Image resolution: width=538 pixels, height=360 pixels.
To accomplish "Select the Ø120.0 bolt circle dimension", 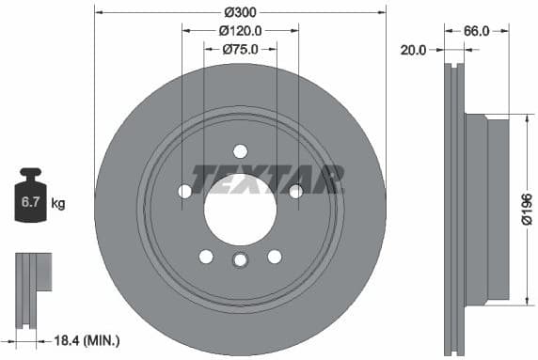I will coord(241,30).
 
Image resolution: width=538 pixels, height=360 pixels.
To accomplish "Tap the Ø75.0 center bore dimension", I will coord(241,50).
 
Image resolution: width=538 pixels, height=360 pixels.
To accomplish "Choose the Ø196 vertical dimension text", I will coord(527,209).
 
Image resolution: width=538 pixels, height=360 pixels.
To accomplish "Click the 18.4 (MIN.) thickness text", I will coord(89,339).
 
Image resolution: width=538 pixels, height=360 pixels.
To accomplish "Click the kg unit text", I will coord(58,202).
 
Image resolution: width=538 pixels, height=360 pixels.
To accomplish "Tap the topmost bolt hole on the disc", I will coord(240,151).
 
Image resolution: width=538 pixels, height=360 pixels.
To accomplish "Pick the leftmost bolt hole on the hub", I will coord(185,192).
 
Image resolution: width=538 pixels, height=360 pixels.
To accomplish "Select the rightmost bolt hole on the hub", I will coord(295,192).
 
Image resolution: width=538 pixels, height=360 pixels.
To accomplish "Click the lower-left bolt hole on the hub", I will coord(206,256).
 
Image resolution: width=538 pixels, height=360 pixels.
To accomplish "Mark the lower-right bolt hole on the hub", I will coord(275,256).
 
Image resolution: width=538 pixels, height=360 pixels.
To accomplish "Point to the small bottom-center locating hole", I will coord(240,261).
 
